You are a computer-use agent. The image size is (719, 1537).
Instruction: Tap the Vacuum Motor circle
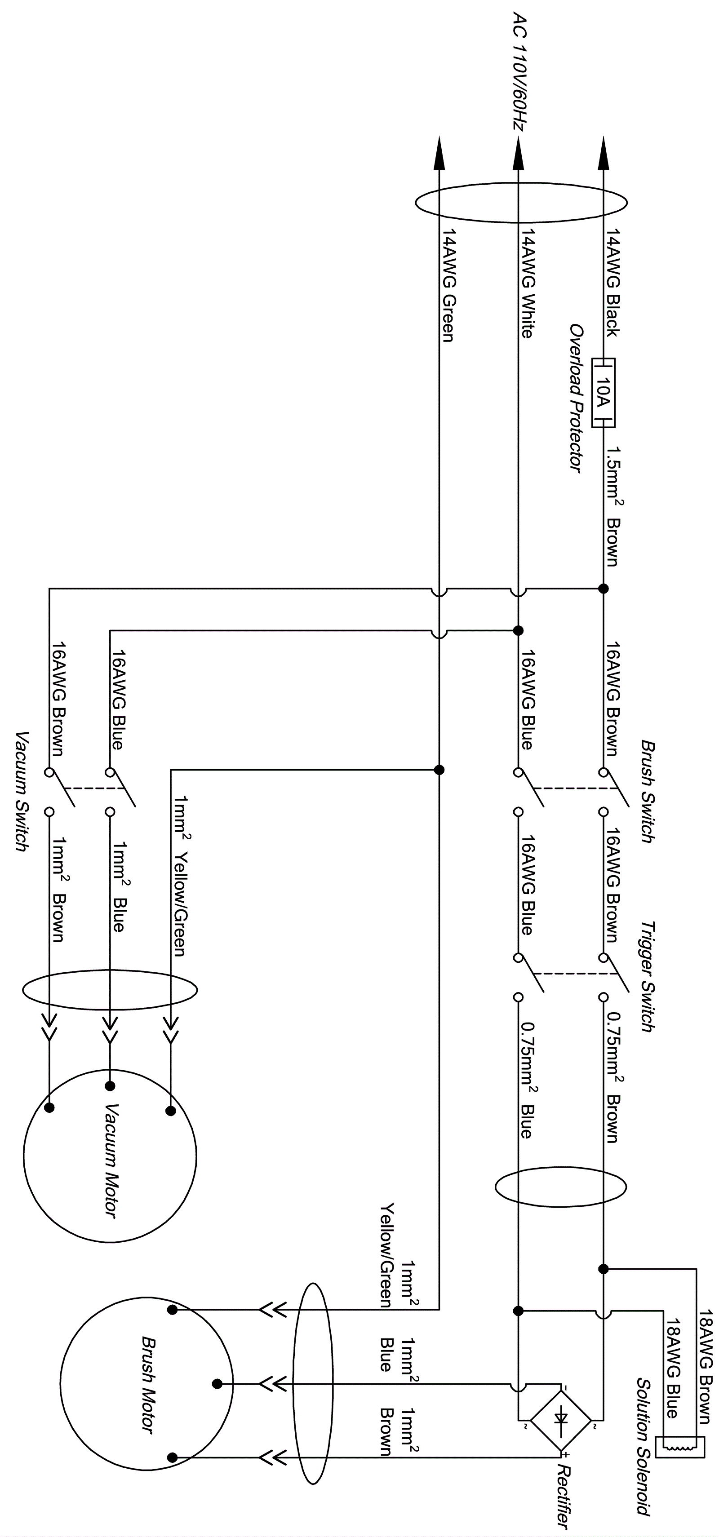pos(111,1156)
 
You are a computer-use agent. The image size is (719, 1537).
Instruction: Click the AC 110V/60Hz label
pos(520,78)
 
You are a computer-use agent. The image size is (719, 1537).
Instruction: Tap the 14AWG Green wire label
pos(448,286)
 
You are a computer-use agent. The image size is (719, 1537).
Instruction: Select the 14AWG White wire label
pos(527,284)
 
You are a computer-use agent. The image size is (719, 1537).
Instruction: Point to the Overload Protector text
pos(575,399)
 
